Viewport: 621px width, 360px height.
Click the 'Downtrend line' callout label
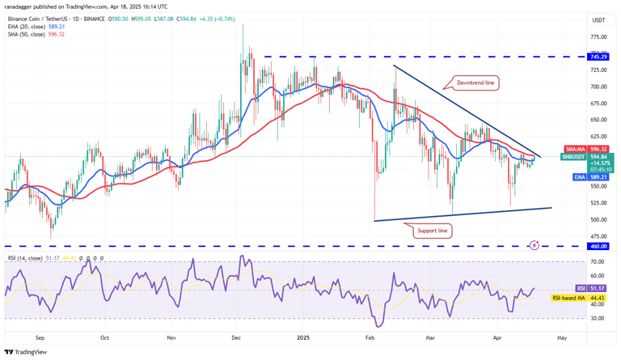[475, 83]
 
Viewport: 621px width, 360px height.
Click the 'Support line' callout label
[432, 231]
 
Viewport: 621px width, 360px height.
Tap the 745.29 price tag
[598, 57]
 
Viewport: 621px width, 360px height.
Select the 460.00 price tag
[598, 246]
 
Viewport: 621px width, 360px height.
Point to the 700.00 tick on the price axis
[598, 87]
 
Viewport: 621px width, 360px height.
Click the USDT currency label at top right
[598, 20]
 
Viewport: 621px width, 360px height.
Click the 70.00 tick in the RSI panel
[598, 262]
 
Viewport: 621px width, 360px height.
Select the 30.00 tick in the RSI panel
[598, 318]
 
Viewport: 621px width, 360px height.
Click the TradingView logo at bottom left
[26, 352]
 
